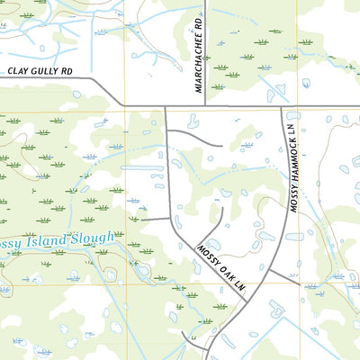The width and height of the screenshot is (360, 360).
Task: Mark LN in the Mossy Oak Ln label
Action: coord(239,287)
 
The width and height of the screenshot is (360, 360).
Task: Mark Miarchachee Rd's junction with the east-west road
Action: coord(206,106)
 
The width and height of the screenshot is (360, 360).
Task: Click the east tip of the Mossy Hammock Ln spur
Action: coord(299,280)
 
